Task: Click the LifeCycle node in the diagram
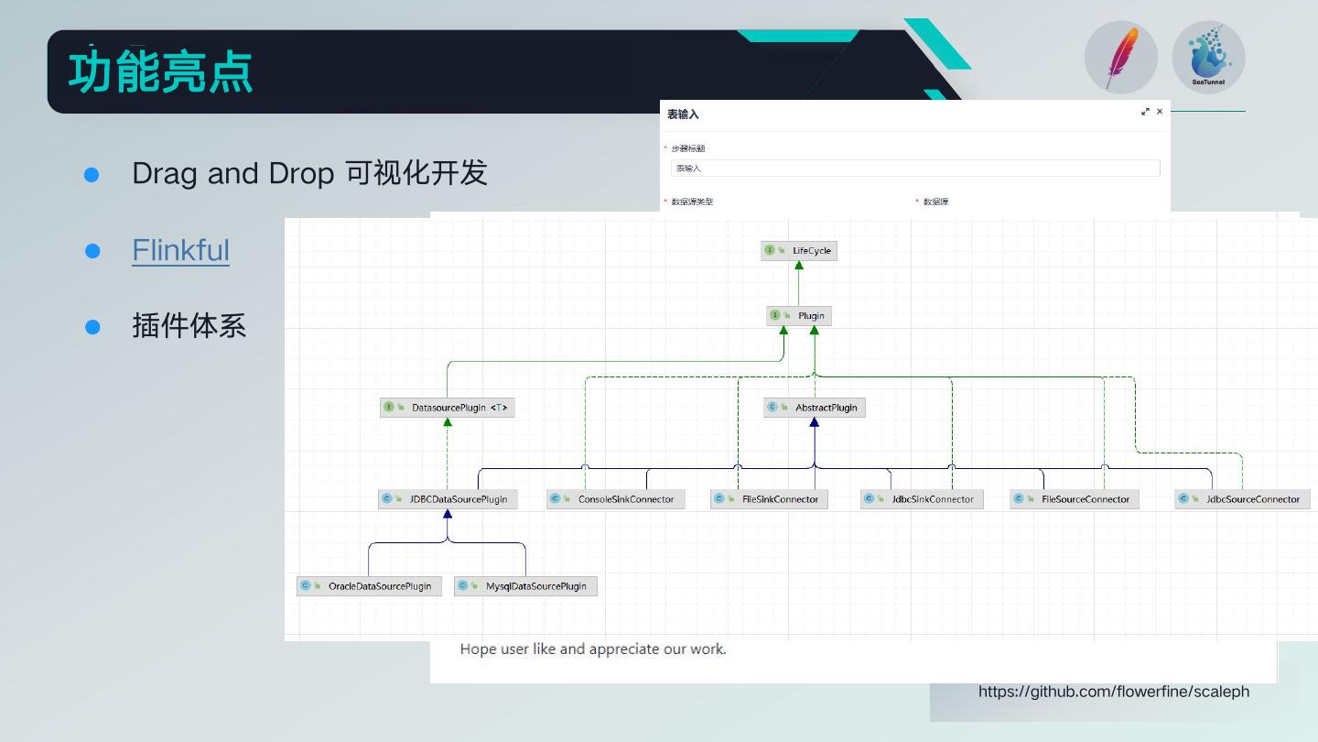pos(799,250)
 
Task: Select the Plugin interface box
pos(798,315)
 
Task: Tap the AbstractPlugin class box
pos(815,407)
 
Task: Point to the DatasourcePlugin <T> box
pos(448,407)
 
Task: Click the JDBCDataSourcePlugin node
pos(448,499)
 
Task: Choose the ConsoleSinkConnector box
pos(615,499)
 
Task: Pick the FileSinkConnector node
pos(770,499)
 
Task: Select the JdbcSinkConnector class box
pos(922,499)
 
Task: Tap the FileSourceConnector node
pos(1075,499)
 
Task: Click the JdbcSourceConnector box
pos(1242,499)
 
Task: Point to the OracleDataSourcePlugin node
pos(369,586)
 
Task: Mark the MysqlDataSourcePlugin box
pos(525,586)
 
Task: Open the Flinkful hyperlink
pos(180,250)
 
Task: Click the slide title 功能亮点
pos(160,72)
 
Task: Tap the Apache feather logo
pos(1121,58)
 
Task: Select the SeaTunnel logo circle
pos(1208,58)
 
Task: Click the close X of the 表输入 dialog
pos(1160,112)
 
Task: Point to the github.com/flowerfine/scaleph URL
pos(1113,692)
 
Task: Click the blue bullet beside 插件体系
pos(92,327)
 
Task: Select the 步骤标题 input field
pos(915,169)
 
